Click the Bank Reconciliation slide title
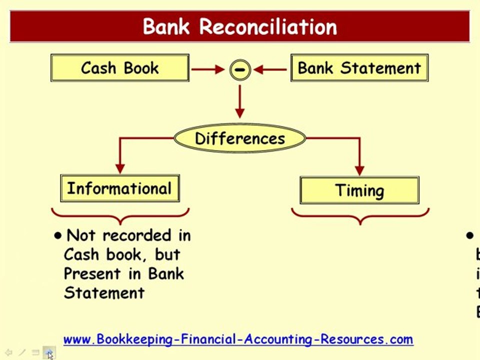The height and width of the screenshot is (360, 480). [x=240, y=26]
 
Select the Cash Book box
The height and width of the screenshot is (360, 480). [x=120, y=68]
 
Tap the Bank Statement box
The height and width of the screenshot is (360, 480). [x=359, y=68]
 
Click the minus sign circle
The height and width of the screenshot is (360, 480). [x=240, y=69]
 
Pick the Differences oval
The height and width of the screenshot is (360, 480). [x=240, y=138]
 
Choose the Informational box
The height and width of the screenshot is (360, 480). [x=119, y=188]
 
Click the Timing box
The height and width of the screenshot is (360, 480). [x=359, y=190]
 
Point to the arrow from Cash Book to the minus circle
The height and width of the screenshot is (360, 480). [x=207, y=69]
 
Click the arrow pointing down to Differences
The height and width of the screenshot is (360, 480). [x=240, y=102]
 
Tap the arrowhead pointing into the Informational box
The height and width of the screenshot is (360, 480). [x=119, y=168]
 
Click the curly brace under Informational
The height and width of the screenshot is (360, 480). [x=120, y=216]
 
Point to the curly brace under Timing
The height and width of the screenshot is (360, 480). [x=360, y=216]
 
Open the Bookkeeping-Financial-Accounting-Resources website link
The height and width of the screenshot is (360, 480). [x=238, y=339]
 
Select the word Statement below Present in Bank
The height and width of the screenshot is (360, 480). [x=104, y=292]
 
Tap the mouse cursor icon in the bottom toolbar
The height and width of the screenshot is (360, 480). [x=49, y=353]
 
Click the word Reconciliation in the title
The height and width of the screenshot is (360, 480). [x=268, y=26]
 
